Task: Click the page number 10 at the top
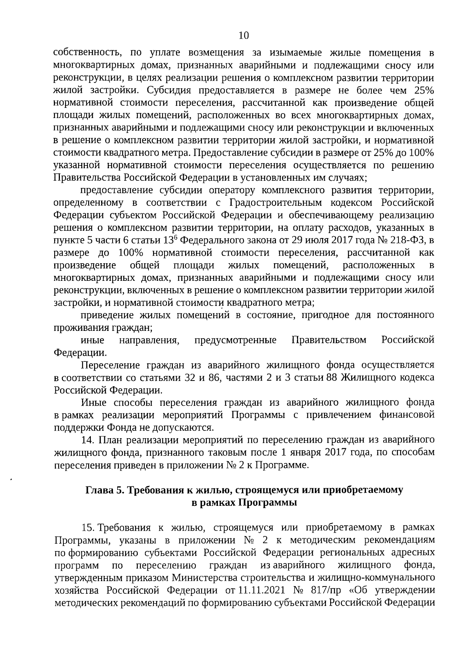pos(244,36)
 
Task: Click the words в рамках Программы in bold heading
pos(244,503)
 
